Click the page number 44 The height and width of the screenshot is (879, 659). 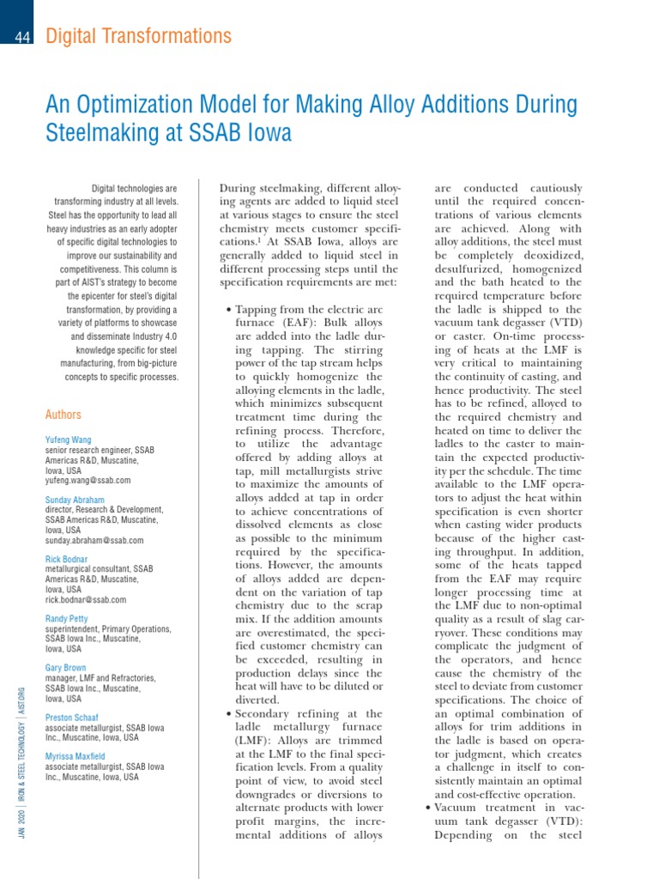[23, 37]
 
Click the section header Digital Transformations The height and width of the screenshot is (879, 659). [138, 36]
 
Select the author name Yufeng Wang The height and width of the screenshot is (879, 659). [68, 439]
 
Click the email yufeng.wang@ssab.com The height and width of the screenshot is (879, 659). [88, 481]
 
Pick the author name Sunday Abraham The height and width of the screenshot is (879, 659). [75, 500]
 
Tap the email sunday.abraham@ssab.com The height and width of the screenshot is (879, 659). [94, 541]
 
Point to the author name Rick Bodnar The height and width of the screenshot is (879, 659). [67, 560]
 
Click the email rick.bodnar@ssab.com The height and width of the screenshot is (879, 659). [86, 600]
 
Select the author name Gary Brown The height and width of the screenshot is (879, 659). [67, 668]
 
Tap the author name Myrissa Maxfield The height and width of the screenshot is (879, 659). [76, 756]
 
